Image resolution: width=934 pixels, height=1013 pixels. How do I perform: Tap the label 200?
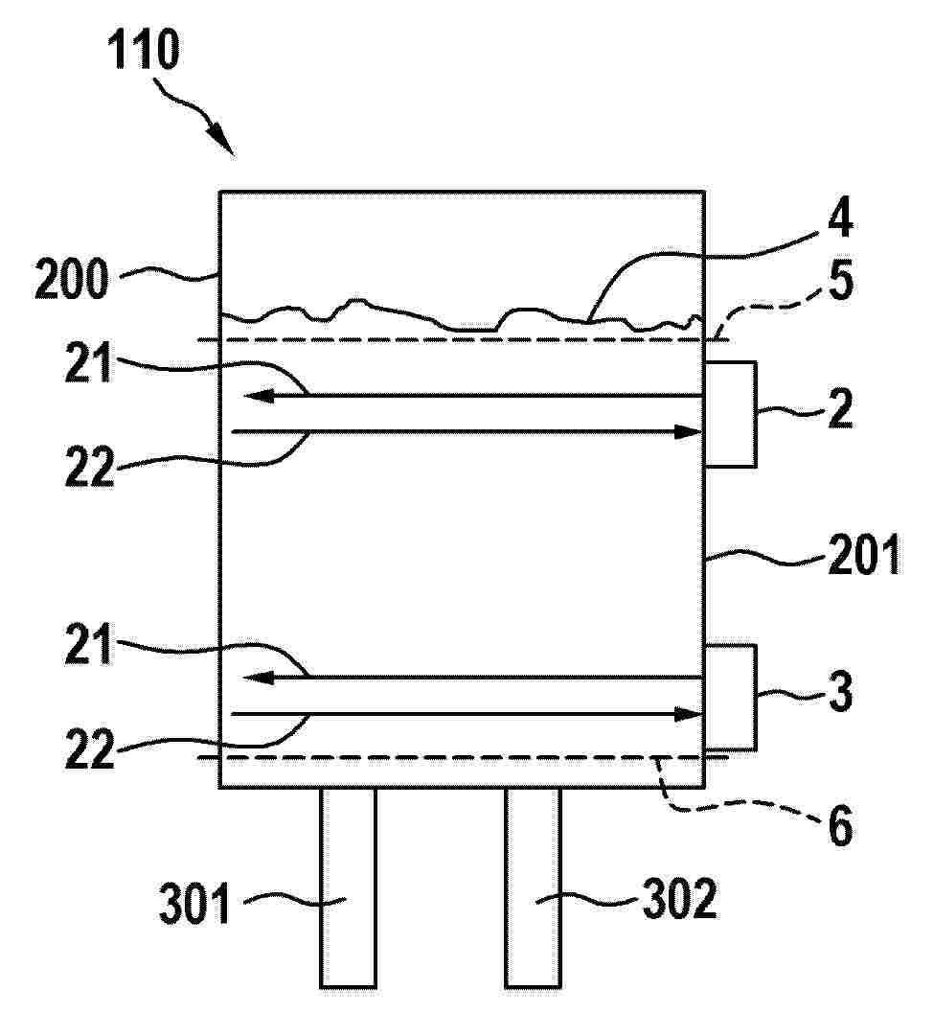(72, 279)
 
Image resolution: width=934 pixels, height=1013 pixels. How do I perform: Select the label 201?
(864, 555)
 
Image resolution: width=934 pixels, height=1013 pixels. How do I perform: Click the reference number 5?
(840, 280)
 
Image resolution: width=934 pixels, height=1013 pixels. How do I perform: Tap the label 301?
(194, 905)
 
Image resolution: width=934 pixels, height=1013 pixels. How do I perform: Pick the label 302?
(679, 899)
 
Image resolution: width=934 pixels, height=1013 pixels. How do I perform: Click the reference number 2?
(840, 408)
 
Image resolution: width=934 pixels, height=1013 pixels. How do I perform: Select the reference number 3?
(840, 692)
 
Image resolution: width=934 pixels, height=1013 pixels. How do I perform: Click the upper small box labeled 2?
(730, 414)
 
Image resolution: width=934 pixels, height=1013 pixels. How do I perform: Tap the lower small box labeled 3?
(730, 697)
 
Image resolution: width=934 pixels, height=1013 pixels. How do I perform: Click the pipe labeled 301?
(348, 887)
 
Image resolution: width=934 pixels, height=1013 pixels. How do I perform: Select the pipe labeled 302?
(533, 887)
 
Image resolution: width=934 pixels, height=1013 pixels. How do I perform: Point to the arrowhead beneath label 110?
(221, 142)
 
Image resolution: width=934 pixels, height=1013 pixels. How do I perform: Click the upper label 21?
(88, 363)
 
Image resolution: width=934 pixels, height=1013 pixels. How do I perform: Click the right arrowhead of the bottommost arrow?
(687, 715)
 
